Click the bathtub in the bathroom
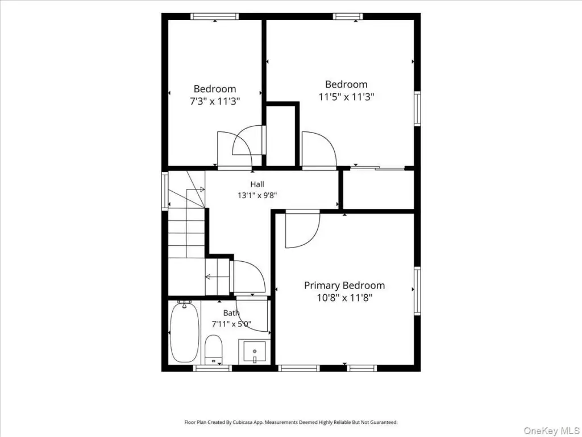[x=184, y=332]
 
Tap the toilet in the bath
[x=214, y=349]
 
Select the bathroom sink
[x=255, y=351]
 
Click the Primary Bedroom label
[x=344, y=286]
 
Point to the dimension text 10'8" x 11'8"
[x=344, y=298]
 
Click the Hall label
[x=257, y=184]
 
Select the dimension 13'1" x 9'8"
[x=257, y=195]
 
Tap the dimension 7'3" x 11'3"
[x=215, y=101]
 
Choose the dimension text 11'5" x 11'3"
[x=346, y=97]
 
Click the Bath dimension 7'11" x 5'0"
[x=232, y=324]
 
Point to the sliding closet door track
[x=377, y=168]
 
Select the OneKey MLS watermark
[x=551, y=431]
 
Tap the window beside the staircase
[x=165, y=191]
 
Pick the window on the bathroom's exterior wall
[x=213, y=368]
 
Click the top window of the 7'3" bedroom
[x=214, y=17]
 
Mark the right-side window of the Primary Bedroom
[x=417, y=291]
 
